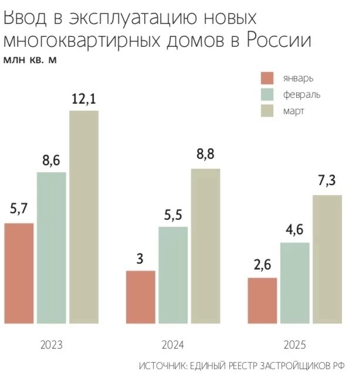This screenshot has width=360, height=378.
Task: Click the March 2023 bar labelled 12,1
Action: [84, 217]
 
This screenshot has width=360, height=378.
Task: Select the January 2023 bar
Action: [19, 273]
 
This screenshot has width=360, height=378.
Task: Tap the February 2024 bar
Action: [173, 274]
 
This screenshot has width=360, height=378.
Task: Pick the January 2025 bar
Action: [262, 300]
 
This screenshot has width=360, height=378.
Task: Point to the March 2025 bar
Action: [327, 258]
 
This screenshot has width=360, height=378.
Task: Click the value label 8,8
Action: [205, 155]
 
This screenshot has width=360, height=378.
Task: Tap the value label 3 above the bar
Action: [140, 258]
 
